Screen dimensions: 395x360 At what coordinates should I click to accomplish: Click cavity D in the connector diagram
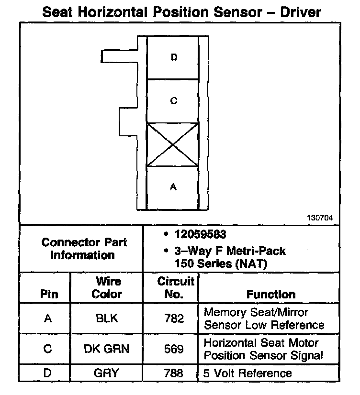pyautogui.click(x=173, y=57)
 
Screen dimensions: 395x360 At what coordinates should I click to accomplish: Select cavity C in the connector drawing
pyautogui.click(x=173, y=101)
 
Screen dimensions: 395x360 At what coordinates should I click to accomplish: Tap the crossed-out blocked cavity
pyautogui.click(x=172, y=145)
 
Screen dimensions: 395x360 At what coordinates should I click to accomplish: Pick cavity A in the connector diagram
pyautogui.click(x=173, y=187)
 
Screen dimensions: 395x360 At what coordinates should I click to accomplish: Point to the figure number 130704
pyautogui.click(x=320, y=218)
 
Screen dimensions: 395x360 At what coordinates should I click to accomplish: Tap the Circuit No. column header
pyautogui.click(x=176, y=287)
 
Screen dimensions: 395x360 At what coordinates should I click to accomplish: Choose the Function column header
pyautogui.click(x=271, y=294)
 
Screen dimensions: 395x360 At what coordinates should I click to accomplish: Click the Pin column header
pyautogui.click(x=48, y=294)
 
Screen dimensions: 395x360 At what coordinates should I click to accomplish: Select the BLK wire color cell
pyautogui.click(x=107, y=318)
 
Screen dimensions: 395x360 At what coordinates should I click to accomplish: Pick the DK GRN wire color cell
pyautogui.click(x=107, y=349)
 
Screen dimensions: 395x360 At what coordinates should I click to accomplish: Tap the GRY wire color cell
pyautogui.click(x=107, y=373)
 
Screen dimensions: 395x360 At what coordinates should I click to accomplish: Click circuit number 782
pyautogui.click(x=174, y=318)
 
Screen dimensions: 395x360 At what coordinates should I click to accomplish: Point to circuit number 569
pyautogui.click(x=174, y=349)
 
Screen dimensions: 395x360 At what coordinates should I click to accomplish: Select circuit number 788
pyautogui.click(x=174, y=373)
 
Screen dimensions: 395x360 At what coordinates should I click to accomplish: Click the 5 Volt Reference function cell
pyautogui.click(x=247, y=373)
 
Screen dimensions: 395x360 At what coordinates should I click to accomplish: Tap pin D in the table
pyautogui.click(x=47, y=373)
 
